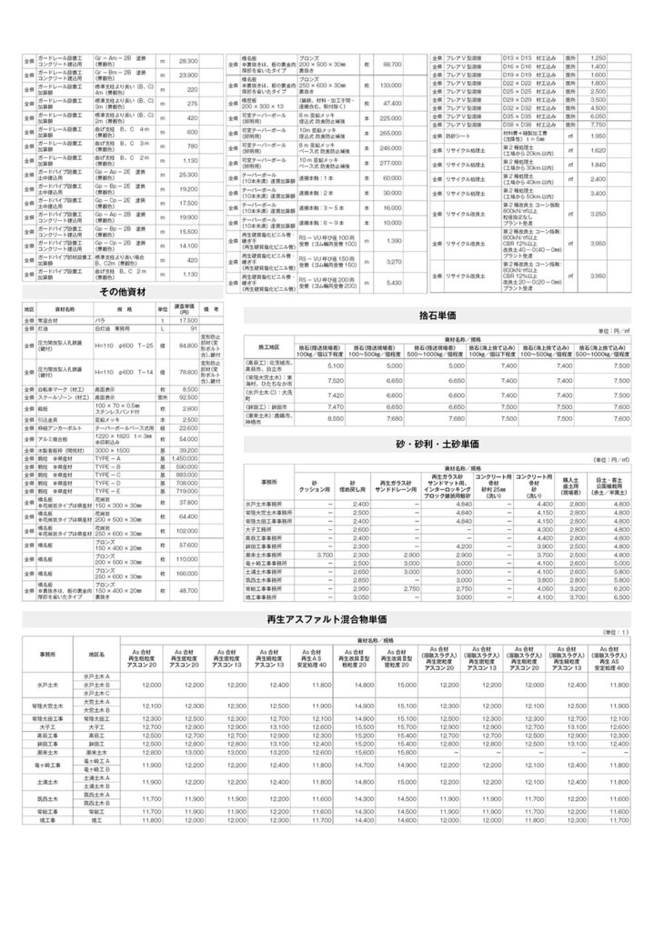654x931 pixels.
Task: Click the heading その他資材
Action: (122, 292)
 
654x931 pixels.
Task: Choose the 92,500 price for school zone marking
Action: (187, 397)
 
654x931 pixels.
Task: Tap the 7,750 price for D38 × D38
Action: (598, 124)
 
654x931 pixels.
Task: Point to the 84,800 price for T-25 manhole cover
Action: (187, 346)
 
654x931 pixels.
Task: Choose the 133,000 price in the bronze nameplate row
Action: (390, 85)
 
